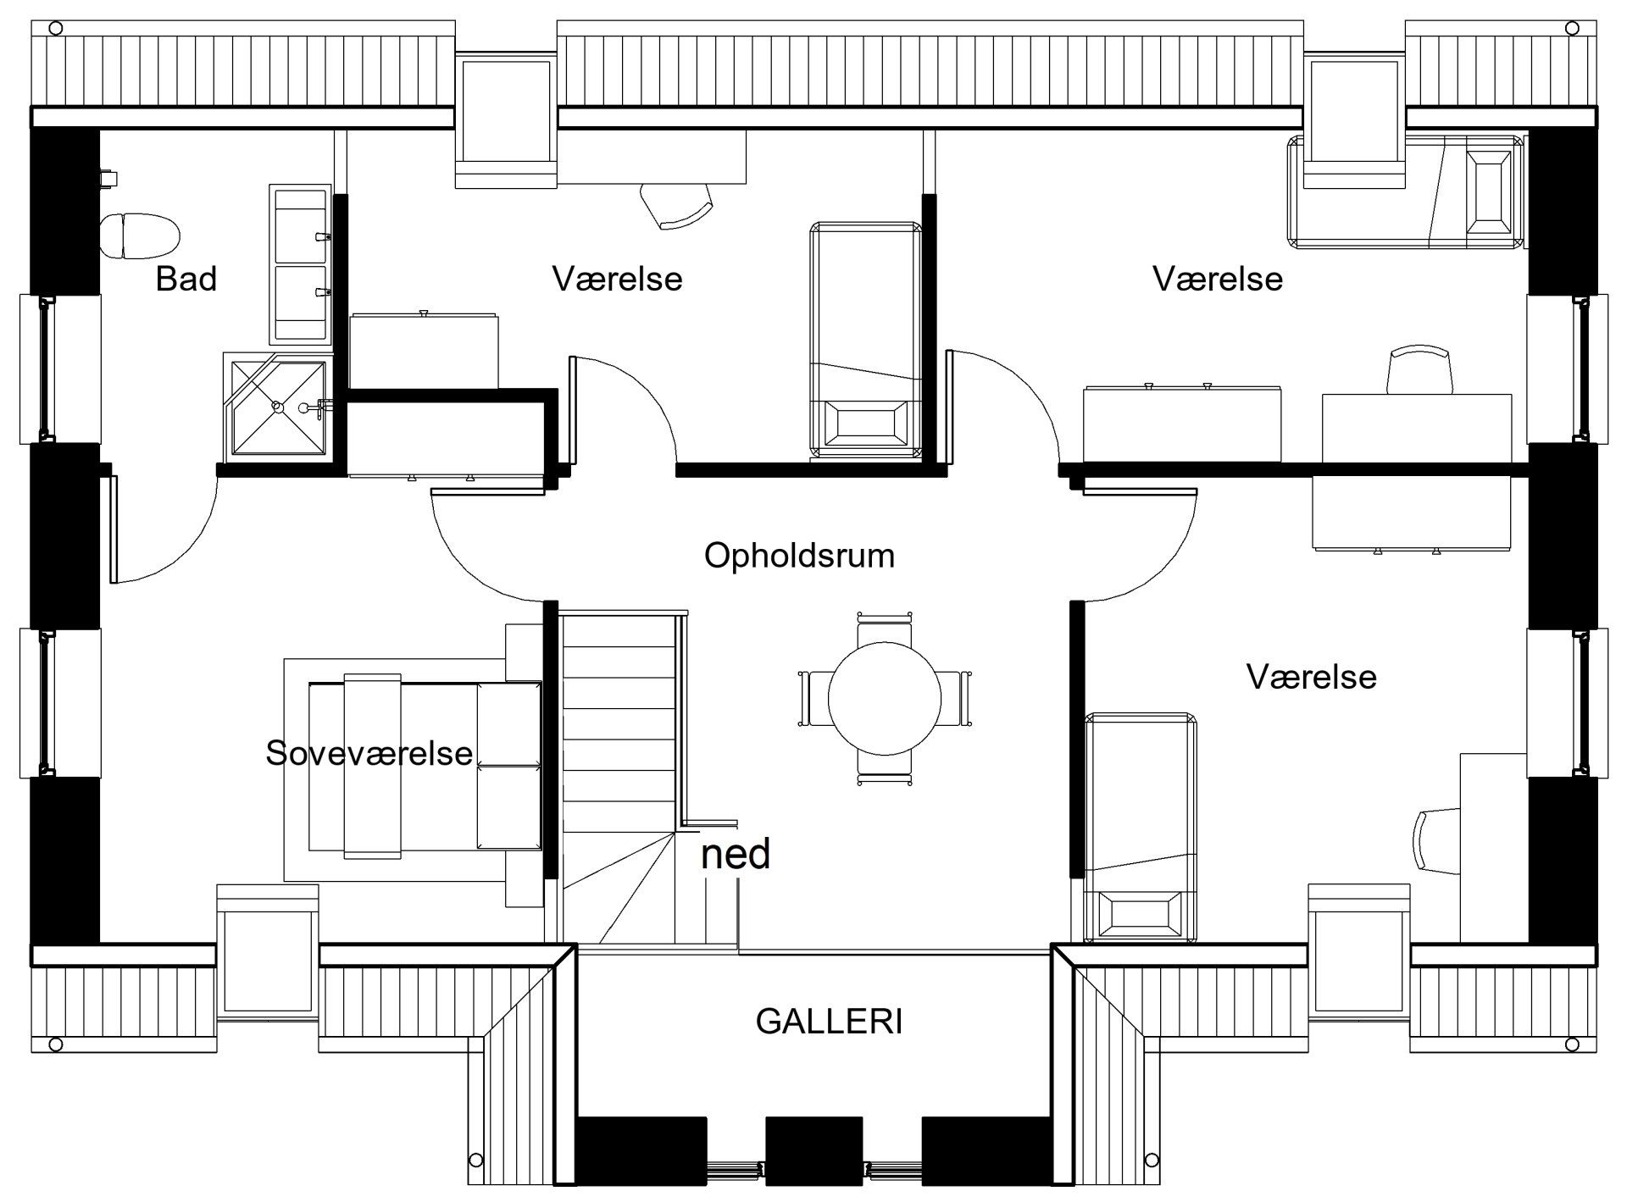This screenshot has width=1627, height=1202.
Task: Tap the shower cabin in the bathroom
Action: (x=278, y=407)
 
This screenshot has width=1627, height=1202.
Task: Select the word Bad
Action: (x=186, y=278)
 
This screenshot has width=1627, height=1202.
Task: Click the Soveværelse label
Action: (x=369, y=752)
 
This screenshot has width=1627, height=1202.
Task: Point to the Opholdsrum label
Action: (x=799, y=556)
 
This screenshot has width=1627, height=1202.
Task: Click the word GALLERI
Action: (x=829, y=1022)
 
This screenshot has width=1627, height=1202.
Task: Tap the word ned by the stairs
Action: (x=736, y=854)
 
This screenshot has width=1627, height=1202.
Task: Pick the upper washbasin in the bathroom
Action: (x=300, y=224)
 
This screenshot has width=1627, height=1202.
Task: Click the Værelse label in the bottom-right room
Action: (x=1311, y=677)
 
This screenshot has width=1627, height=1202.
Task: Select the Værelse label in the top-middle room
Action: (x=617, y=278)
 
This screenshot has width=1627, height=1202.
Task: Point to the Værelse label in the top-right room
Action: (x=1218, y=278)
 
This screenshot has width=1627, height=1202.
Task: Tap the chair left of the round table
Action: (x=814, y=698)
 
